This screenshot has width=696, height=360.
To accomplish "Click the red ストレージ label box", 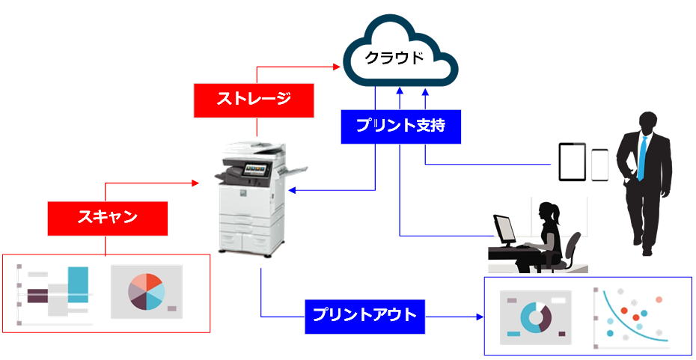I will click(x=252, y=100).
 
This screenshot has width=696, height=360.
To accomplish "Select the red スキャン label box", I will click(x=107, y=218).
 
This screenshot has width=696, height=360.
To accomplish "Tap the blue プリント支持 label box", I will click(x=400, y=126).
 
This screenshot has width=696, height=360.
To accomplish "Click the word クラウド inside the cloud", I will click(x=398, y=58).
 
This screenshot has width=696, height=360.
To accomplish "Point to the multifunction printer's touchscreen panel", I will click(x=257, y=170).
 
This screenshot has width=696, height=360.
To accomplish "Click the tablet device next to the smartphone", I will click(x=573, y=162).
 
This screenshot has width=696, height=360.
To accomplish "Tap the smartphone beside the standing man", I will click(x=599, y=165).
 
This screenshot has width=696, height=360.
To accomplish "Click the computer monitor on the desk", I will click(x=504, y=228).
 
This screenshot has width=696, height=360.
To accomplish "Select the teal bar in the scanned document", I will click(x=78, y=284).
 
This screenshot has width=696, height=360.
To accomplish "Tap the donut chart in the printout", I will click(x=534, y=317).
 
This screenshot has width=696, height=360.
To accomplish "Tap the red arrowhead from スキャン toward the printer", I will click(x=197, y=182).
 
